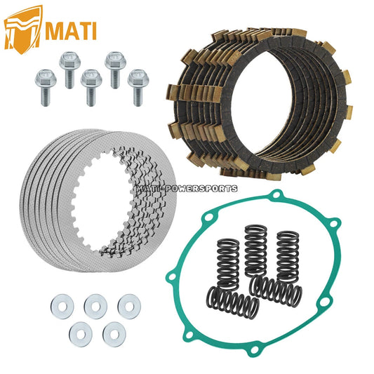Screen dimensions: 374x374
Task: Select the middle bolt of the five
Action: (91, 88)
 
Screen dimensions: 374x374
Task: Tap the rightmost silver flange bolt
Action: (138, 88)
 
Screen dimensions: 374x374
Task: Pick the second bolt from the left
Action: (69, 70)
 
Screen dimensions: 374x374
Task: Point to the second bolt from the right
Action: (116, 70)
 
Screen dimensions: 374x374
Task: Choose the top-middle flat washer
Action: (95, 306)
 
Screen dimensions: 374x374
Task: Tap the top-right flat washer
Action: (129, 306)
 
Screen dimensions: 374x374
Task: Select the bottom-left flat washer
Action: (81, 334)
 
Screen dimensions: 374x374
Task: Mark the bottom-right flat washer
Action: (114, 334)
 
